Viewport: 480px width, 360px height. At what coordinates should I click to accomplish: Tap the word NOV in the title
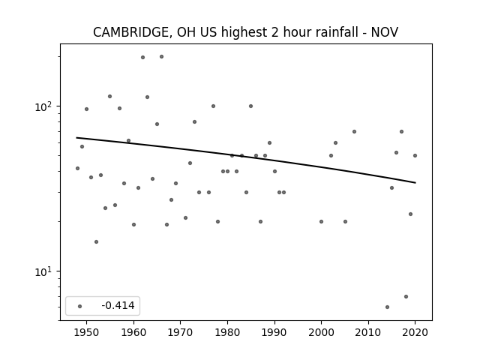point(385,32)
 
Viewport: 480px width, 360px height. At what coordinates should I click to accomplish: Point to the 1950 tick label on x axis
point(87,332)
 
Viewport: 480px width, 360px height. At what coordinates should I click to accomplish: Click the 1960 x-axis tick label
point(133,332)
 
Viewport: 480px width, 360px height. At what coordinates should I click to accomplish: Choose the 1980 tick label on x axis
point(227,332)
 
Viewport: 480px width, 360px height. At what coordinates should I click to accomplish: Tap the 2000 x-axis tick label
point(322,332)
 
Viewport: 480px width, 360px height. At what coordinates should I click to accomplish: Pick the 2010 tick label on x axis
point(368,332)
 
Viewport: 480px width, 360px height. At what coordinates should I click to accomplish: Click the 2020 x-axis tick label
point(415,332)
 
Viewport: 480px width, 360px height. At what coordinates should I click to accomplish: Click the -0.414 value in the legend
point(118,305)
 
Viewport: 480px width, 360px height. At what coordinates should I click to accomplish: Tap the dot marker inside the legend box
point(80,306)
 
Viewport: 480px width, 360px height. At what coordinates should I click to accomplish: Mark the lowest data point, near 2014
point(387,307)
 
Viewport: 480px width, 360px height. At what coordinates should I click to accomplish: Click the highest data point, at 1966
point(162,57)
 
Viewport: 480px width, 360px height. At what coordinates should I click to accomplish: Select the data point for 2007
point(354,132)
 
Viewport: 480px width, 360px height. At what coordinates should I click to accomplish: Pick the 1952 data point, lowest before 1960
point(96,241)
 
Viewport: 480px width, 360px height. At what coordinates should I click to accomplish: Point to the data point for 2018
point(406,297)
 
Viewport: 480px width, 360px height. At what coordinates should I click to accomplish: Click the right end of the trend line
point(415,183)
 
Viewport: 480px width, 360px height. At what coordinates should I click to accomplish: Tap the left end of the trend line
point(76,138)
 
